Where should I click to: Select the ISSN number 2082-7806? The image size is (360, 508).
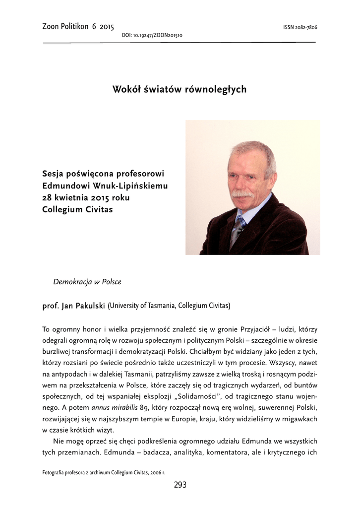(300, 27)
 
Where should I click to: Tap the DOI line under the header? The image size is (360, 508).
(152, 36)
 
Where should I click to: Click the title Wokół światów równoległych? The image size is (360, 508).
(180, 89)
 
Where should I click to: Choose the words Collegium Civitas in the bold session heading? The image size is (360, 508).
(78, 209)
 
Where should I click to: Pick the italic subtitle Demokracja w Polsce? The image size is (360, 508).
(87, 282)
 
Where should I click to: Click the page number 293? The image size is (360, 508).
(180, 485)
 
